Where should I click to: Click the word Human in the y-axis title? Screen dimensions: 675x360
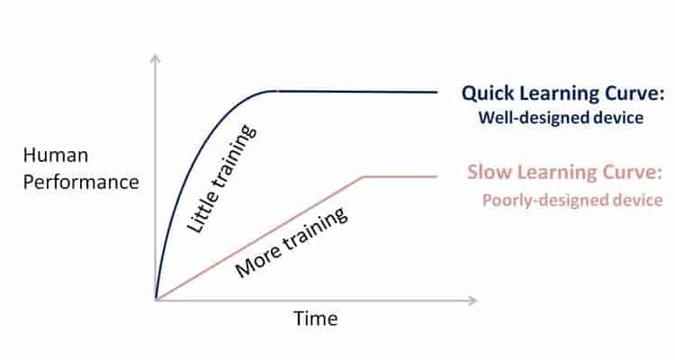pos(56,156)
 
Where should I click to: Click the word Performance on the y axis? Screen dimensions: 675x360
pos(81,182)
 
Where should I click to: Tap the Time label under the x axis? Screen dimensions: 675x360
pos(316,319)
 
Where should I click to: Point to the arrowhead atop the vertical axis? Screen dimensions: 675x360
pos(156,59)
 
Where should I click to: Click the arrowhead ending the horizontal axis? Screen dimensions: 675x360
pos(472,300)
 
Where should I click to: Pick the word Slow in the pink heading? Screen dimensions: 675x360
pos(490,172)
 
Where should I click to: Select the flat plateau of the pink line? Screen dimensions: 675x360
pos(400,176)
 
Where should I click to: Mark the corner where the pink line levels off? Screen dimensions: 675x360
pos(363,176)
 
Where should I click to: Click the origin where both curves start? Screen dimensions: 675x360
pos(156,299)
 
